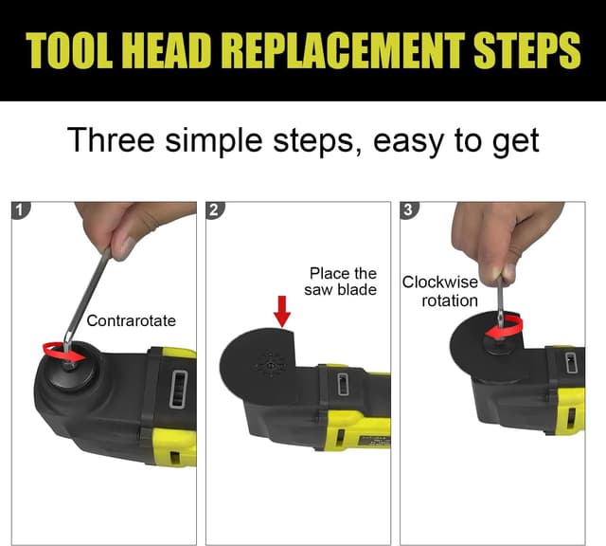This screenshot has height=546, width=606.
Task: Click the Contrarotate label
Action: coord(131,320)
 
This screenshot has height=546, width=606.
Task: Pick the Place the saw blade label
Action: coord(341,282)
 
